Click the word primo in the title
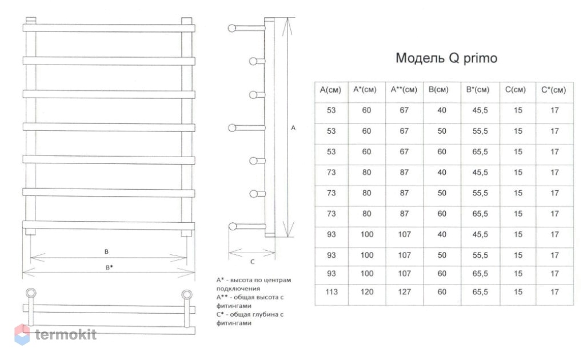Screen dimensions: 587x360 point(480,58)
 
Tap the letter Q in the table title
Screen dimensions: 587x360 point(454,58)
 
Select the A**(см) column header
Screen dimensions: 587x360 point(404,90)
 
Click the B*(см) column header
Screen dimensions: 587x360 point(478,90)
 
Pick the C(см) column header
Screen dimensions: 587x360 point(516,90)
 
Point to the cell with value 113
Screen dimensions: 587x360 point(332,292)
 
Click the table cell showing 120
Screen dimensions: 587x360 point(367,292)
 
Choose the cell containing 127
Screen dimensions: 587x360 point(404,292)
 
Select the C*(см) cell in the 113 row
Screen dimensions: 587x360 point(554,292)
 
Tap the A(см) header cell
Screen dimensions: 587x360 point(330,90)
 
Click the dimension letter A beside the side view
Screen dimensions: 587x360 point(293,128)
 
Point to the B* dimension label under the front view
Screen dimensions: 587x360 point(109,267)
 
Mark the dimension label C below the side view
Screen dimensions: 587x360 point(252,262)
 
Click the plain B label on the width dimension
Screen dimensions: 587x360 point(106,251)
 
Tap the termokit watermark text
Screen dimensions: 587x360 point(66,334)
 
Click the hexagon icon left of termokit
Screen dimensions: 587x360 point(22,334)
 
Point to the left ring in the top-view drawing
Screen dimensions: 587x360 point(31,293)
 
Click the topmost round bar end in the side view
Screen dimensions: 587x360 point(232,28)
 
